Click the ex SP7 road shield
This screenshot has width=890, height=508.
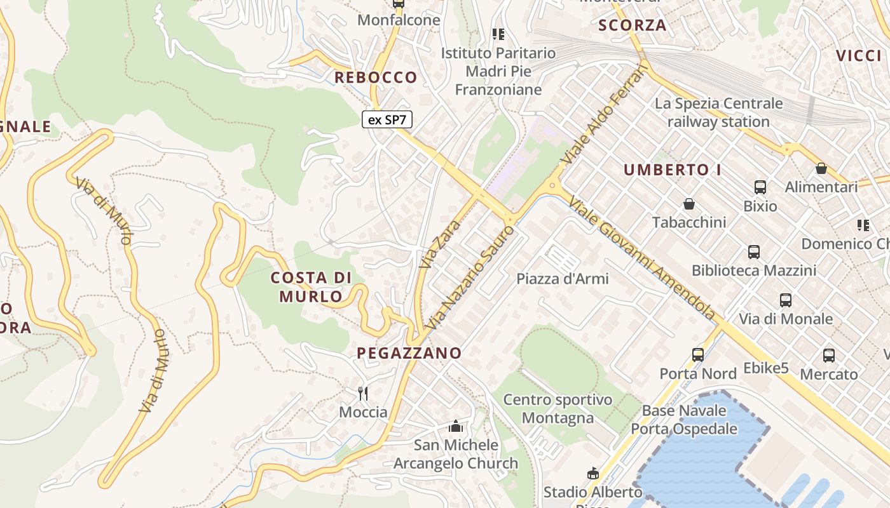point(387,119)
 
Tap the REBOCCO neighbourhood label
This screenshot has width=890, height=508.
point(376,77)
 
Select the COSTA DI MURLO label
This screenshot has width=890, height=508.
point(311,287)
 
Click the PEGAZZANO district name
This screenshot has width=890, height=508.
point(409,353)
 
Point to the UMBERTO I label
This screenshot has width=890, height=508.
point(676,170)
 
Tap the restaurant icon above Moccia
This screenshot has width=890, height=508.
point(363,394)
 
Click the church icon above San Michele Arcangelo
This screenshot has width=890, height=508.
point(455,426)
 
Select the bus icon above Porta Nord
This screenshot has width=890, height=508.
point(698,355)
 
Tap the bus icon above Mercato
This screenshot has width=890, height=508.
point(829,356)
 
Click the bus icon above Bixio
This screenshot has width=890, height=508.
point(760,187)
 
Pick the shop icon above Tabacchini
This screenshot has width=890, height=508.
point(688,204)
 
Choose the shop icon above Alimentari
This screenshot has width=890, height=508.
point(821,168)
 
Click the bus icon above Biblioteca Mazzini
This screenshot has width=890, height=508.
point(754,252)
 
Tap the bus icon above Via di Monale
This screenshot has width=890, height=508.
point(786,300)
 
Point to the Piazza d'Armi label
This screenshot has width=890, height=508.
point(562,279)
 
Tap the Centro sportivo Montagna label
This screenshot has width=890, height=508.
point(558,408)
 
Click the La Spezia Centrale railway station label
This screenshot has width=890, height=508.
point(718,112)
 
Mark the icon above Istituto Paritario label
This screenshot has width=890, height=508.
point(498,34)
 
